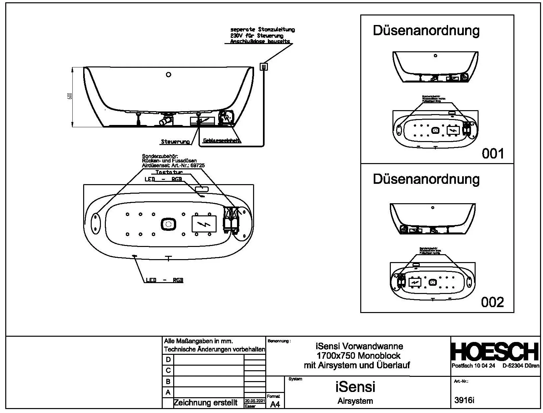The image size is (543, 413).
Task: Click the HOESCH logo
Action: [x=495, y=352]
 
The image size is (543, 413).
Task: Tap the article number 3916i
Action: [x=464, y=401]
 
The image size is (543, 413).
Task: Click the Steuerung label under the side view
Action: [x=175, y=142]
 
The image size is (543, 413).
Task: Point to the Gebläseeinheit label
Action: [x=222, y=141]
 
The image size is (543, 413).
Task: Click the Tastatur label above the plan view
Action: [x=169, y=172]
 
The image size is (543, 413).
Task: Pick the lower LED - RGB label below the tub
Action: [x=164, y=280]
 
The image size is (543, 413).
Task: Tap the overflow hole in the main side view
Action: [x=169, y=74]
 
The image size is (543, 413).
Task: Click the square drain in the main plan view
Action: [x=169, y=225]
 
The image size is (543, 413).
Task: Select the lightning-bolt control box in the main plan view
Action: [x=204, y=224]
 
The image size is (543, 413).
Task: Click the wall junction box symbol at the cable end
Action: [x=264, y=67]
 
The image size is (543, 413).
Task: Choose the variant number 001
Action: [x=493, y=154]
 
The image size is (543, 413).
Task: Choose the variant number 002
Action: [x=492, y=302]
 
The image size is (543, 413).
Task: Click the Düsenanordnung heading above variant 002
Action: [x=426, y=179]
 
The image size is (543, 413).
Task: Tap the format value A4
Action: [x=275, y=404]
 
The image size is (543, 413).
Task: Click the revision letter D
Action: [x=168, y=359]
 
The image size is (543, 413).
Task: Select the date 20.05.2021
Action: [x=254, y=401]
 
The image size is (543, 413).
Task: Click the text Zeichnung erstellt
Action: [x=205, y=402]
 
